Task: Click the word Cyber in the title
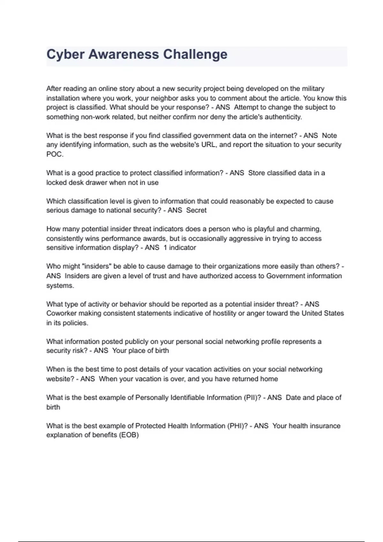point(65,55)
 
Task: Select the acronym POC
point(54,154)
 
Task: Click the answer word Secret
point(196,210)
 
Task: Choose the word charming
point(305,229)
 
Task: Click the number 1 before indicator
point(165,248)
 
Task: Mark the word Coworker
point(61,313)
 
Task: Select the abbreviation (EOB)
point(129,435)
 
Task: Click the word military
point(313,89)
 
